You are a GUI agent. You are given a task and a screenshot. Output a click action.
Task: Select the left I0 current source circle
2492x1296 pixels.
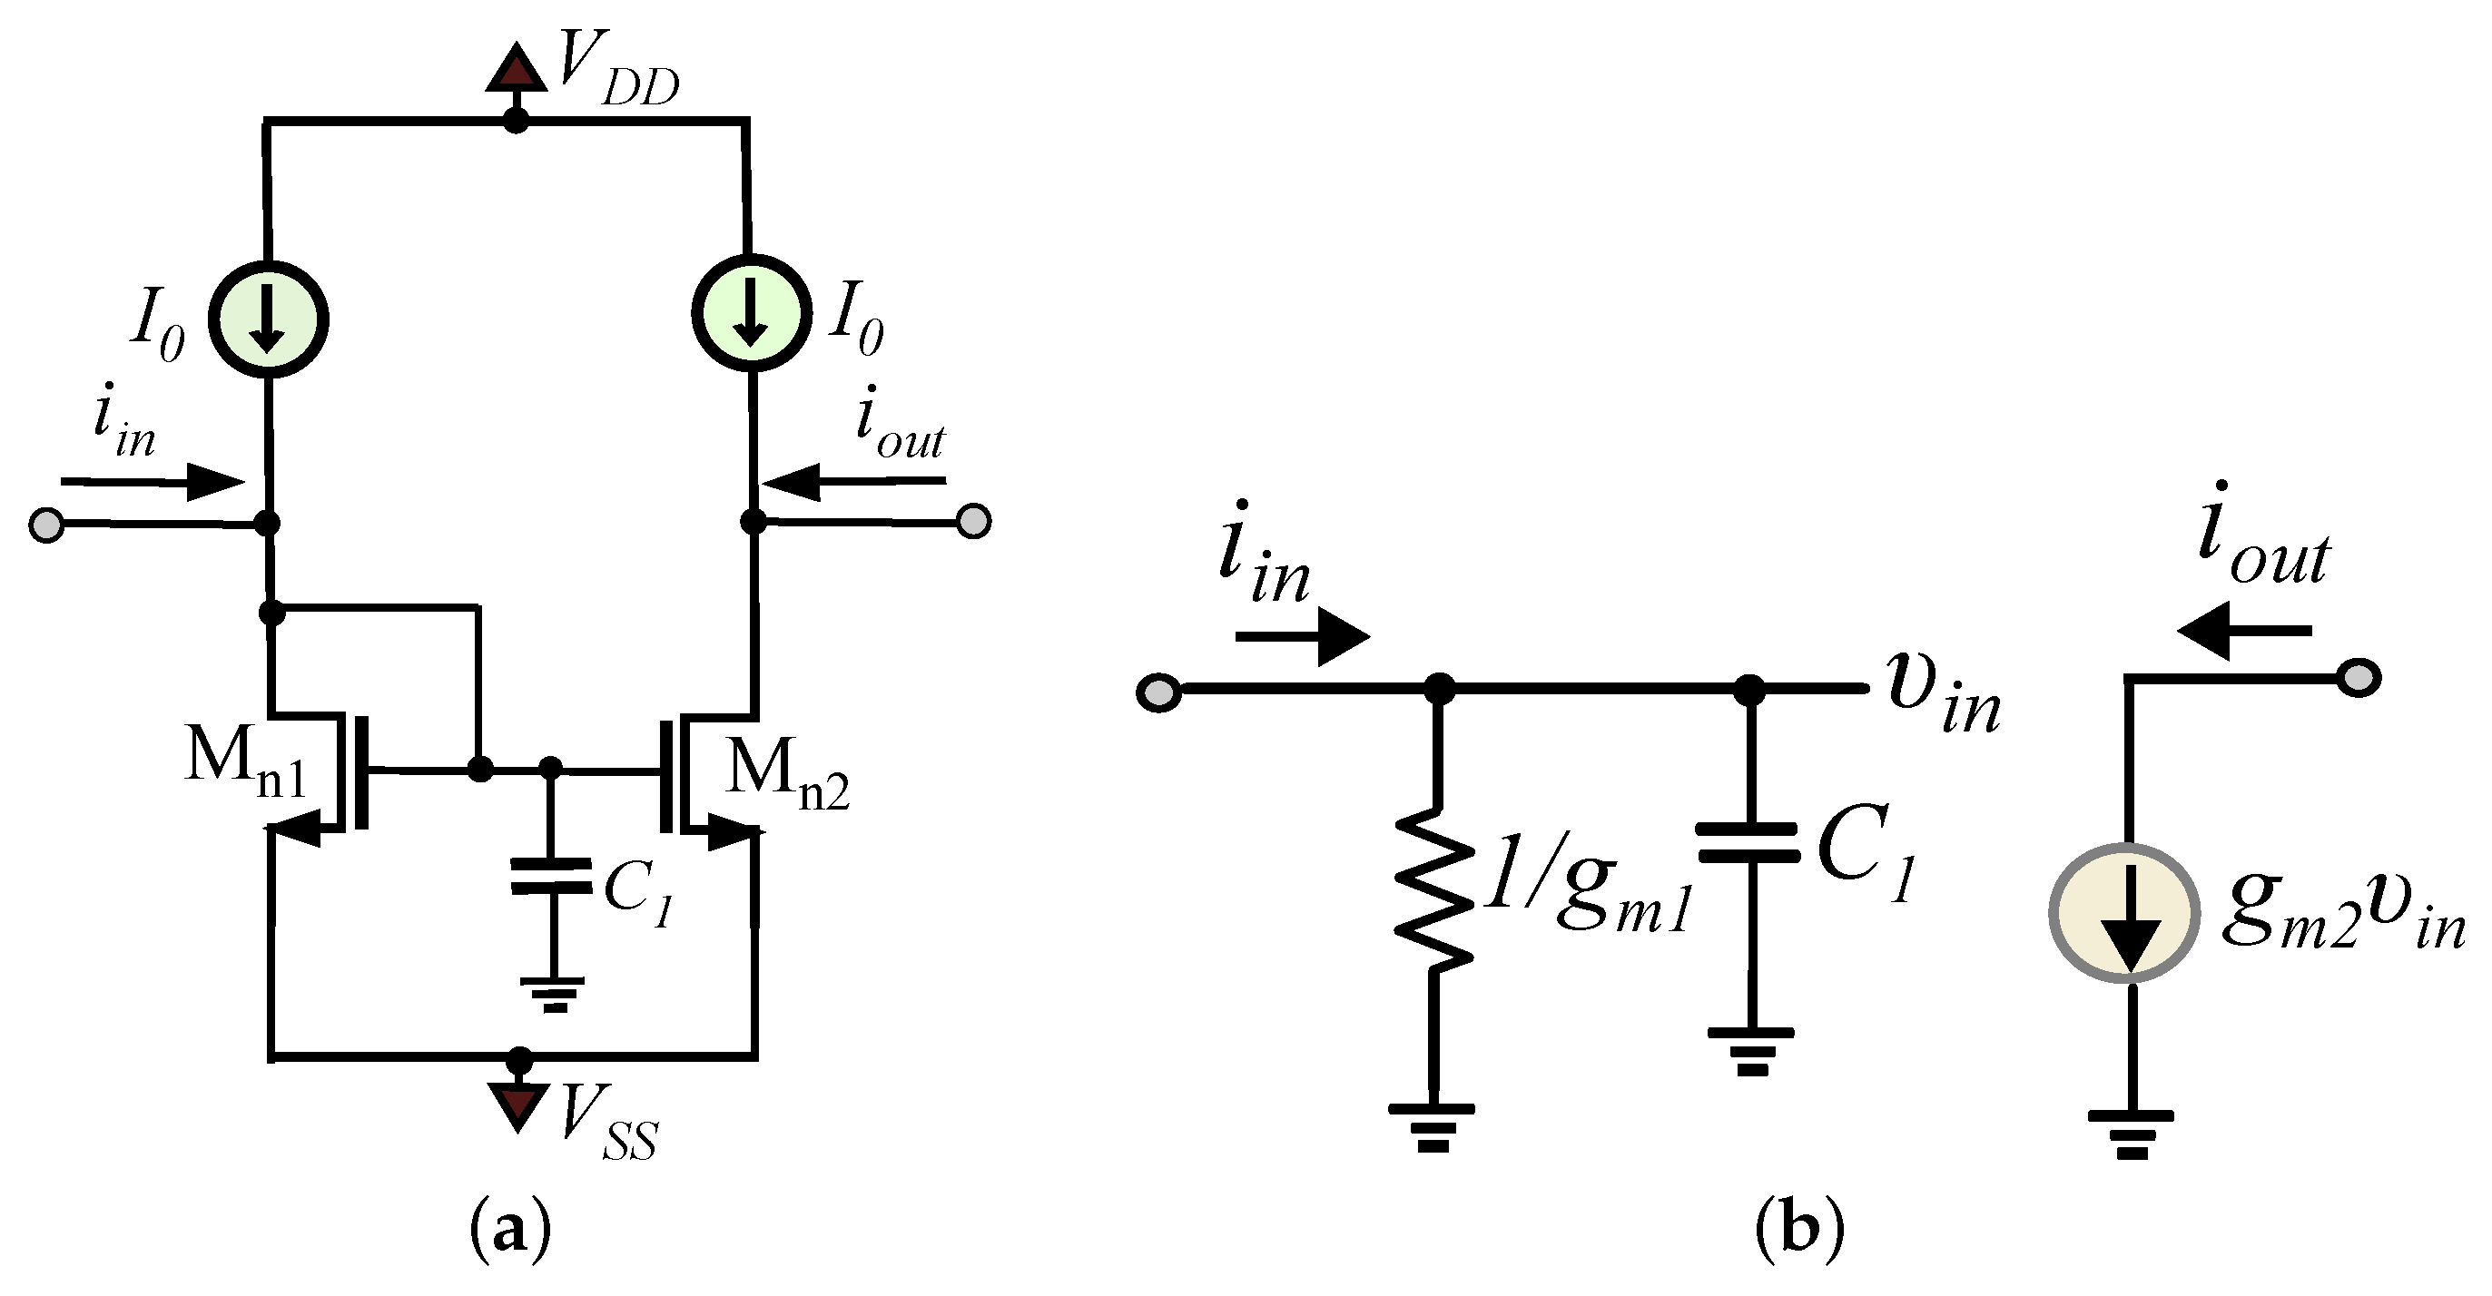(269, 319)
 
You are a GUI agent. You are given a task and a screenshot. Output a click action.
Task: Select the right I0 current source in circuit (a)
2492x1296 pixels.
(751, 312)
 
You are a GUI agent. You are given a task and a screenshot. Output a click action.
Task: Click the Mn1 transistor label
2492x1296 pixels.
(245, 764)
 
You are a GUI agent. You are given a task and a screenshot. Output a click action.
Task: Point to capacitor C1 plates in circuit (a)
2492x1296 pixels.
(550, 874)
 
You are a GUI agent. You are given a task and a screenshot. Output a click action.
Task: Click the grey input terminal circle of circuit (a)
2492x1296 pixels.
(46, 525)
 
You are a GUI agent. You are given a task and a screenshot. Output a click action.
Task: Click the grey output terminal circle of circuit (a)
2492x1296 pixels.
(973, 521)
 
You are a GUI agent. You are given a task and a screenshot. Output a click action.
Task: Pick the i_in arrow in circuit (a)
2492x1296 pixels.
(153, 481)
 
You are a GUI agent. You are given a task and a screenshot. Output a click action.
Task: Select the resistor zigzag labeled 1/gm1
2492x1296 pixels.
(1433, 889)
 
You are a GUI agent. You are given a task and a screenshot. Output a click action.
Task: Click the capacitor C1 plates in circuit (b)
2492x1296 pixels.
(1749, 841)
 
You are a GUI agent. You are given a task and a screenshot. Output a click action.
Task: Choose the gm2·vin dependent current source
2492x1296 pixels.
(2124, 913)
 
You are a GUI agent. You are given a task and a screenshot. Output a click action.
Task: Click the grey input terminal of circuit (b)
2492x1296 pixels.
(1158, 692)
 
